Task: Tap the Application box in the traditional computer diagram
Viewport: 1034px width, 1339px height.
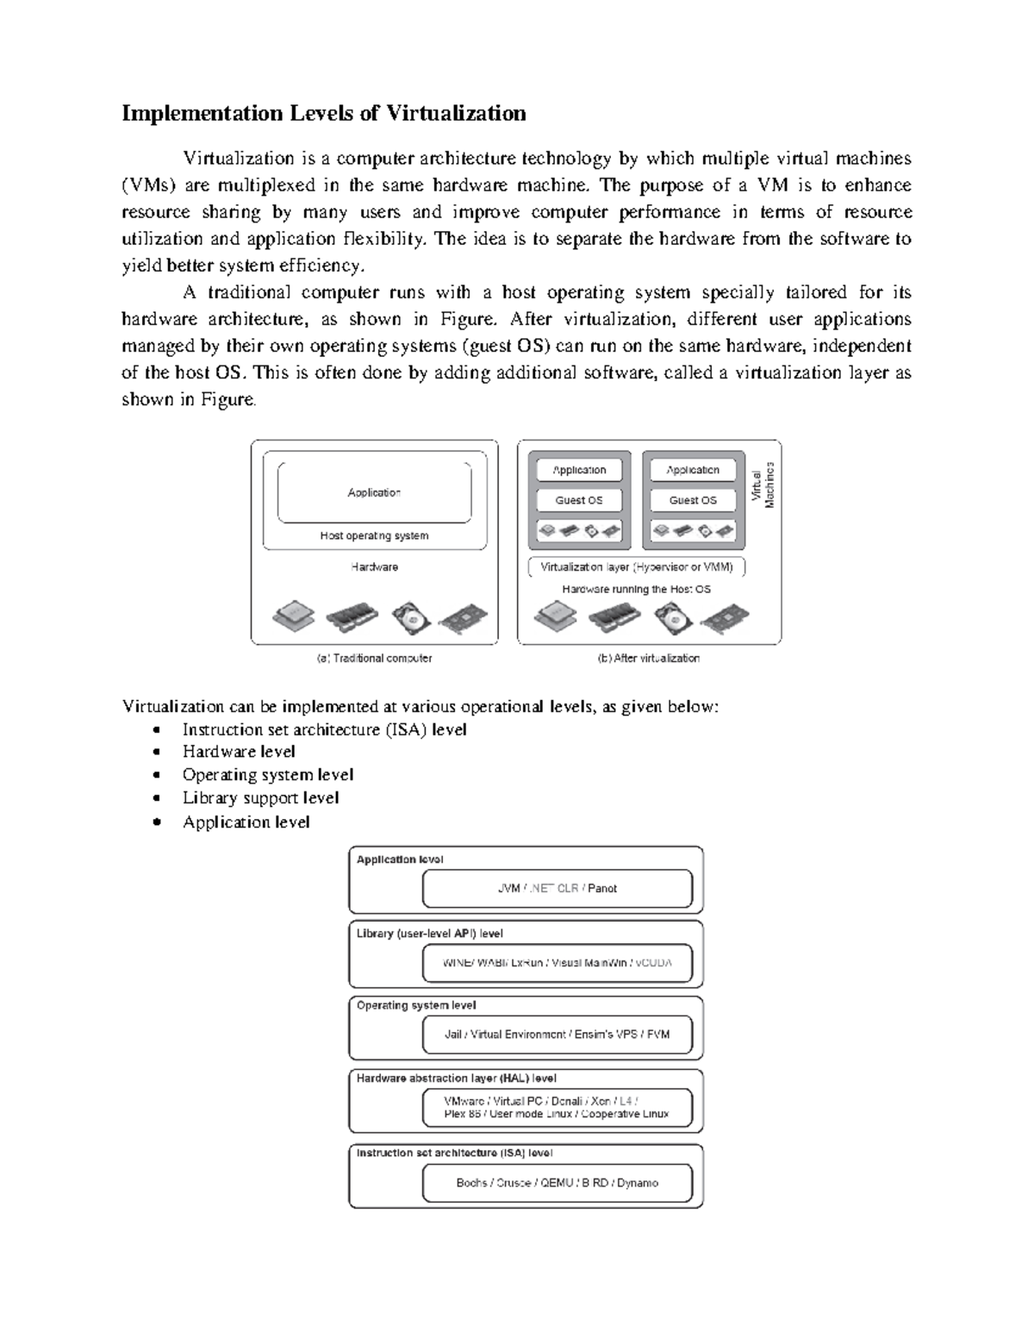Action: (x=374, y=492)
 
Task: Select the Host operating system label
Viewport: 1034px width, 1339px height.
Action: (x=374, y=535)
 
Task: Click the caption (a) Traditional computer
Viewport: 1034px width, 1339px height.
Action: (x=374, y=658)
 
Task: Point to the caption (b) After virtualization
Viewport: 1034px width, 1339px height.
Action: (x=649, y=658)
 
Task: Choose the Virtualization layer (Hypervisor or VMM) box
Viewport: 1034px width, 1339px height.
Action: (x=637, y=567)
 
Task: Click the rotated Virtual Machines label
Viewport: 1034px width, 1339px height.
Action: (x=763, y=485)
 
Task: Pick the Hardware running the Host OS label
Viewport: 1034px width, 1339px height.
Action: (x=637, y=590)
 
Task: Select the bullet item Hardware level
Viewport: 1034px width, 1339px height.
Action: (x=239, y=752)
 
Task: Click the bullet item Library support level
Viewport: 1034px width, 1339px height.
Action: (x=260, y=798)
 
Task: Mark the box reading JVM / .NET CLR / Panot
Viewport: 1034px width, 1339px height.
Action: (x=557, y=888)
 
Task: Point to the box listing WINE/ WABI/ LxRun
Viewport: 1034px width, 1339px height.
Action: (x=557, y=963)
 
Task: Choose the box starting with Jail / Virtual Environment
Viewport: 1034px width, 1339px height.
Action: (x=557, y=1034)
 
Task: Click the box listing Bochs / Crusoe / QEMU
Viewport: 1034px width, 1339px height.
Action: (x=557, y=1183)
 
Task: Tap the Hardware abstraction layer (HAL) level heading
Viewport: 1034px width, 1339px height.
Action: (x=457, y=1078)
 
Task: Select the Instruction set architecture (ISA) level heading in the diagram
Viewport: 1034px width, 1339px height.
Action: (x=455, y=1153)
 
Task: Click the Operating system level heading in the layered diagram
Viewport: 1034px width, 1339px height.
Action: (x=416, y=1005)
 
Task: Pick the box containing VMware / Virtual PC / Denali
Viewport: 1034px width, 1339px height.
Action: (x=557, y=1107)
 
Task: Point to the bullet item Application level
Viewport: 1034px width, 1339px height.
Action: (x=246, y=823)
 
